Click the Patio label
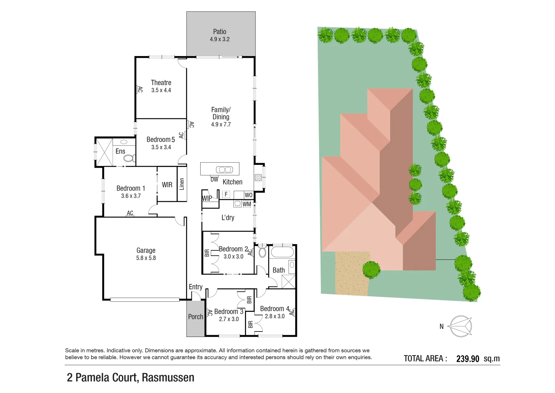pos(220,32)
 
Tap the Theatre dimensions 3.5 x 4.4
pos(161,90)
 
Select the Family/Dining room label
pos(221,113)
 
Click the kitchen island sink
pos(224,170)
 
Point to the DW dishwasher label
pos(214,179)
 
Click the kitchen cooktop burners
pos(258,178)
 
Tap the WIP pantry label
pos(207,198)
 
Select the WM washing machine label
pos(247,204)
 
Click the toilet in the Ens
pos(129,158)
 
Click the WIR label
pos(167,185)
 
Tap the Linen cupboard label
pos(182,184)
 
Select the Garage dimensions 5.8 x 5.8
pos(146,258)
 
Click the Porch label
pos(196,317)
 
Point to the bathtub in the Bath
pos(282,252)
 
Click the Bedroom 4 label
pos(274,309)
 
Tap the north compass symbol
pos(460,326)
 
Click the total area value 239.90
pos(467,359)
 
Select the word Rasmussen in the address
pos(168,378)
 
